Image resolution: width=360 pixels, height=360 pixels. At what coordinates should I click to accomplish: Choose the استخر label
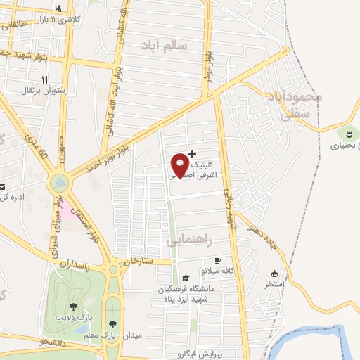(x=274, y=284)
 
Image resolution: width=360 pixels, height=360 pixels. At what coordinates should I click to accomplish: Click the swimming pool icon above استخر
(x=274, y=274)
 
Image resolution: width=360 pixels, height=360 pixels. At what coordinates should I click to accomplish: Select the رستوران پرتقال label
(x=45, y=90)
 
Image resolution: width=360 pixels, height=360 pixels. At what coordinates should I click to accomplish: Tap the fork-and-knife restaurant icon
(x=45, y=79)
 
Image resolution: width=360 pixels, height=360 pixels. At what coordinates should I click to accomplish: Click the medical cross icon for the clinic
(x=193, y=153)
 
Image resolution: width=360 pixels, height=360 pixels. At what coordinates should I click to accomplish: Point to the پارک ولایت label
(x=74, y=317)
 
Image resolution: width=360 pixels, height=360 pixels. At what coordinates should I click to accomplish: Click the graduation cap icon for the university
(x=185, y=278)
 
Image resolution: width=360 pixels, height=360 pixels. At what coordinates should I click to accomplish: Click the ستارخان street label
(x=138, y=261)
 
